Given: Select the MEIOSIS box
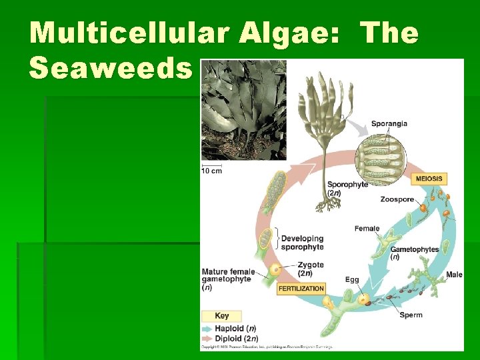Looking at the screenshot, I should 429,179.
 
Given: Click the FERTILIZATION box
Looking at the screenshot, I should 301,289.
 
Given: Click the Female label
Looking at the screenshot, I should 367,229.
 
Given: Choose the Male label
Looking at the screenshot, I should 454,275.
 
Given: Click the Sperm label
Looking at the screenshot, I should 411,315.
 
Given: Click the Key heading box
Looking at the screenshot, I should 222,315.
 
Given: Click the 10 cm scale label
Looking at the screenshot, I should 211,171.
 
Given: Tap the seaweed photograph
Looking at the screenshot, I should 243,110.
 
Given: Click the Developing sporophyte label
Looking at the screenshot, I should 302,243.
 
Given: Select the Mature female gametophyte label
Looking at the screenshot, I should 226,279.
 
